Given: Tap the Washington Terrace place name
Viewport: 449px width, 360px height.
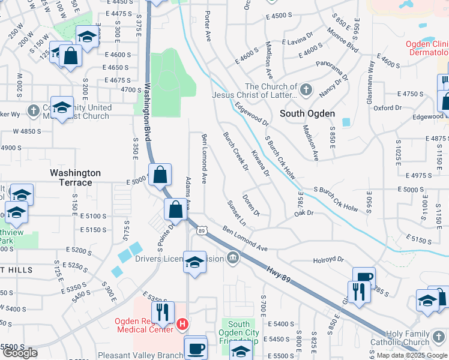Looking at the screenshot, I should point(75,177).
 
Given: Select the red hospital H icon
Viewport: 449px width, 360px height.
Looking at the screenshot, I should point(182,325).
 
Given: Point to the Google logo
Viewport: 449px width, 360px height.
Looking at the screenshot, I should point(20,353).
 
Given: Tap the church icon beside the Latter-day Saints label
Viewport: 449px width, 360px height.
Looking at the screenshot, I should point(306,91).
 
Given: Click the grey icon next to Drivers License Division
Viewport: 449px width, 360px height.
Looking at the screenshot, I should point(233,259).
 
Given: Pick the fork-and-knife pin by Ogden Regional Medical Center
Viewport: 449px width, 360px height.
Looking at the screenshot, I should point(162,312).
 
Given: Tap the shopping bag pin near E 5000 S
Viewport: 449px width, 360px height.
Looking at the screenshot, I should point(160,176).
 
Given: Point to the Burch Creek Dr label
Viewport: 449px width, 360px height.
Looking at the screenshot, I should point(235,151).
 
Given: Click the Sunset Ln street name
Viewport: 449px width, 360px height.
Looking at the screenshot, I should point(236,214).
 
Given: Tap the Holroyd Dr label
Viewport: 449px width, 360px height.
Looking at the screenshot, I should point(328,260).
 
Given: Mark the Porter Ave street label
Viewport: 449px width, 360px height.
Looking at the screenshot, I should point(208,25).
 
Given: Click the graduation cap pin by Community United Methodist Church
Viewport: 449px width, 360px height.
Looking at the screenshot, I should point(62,108).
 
